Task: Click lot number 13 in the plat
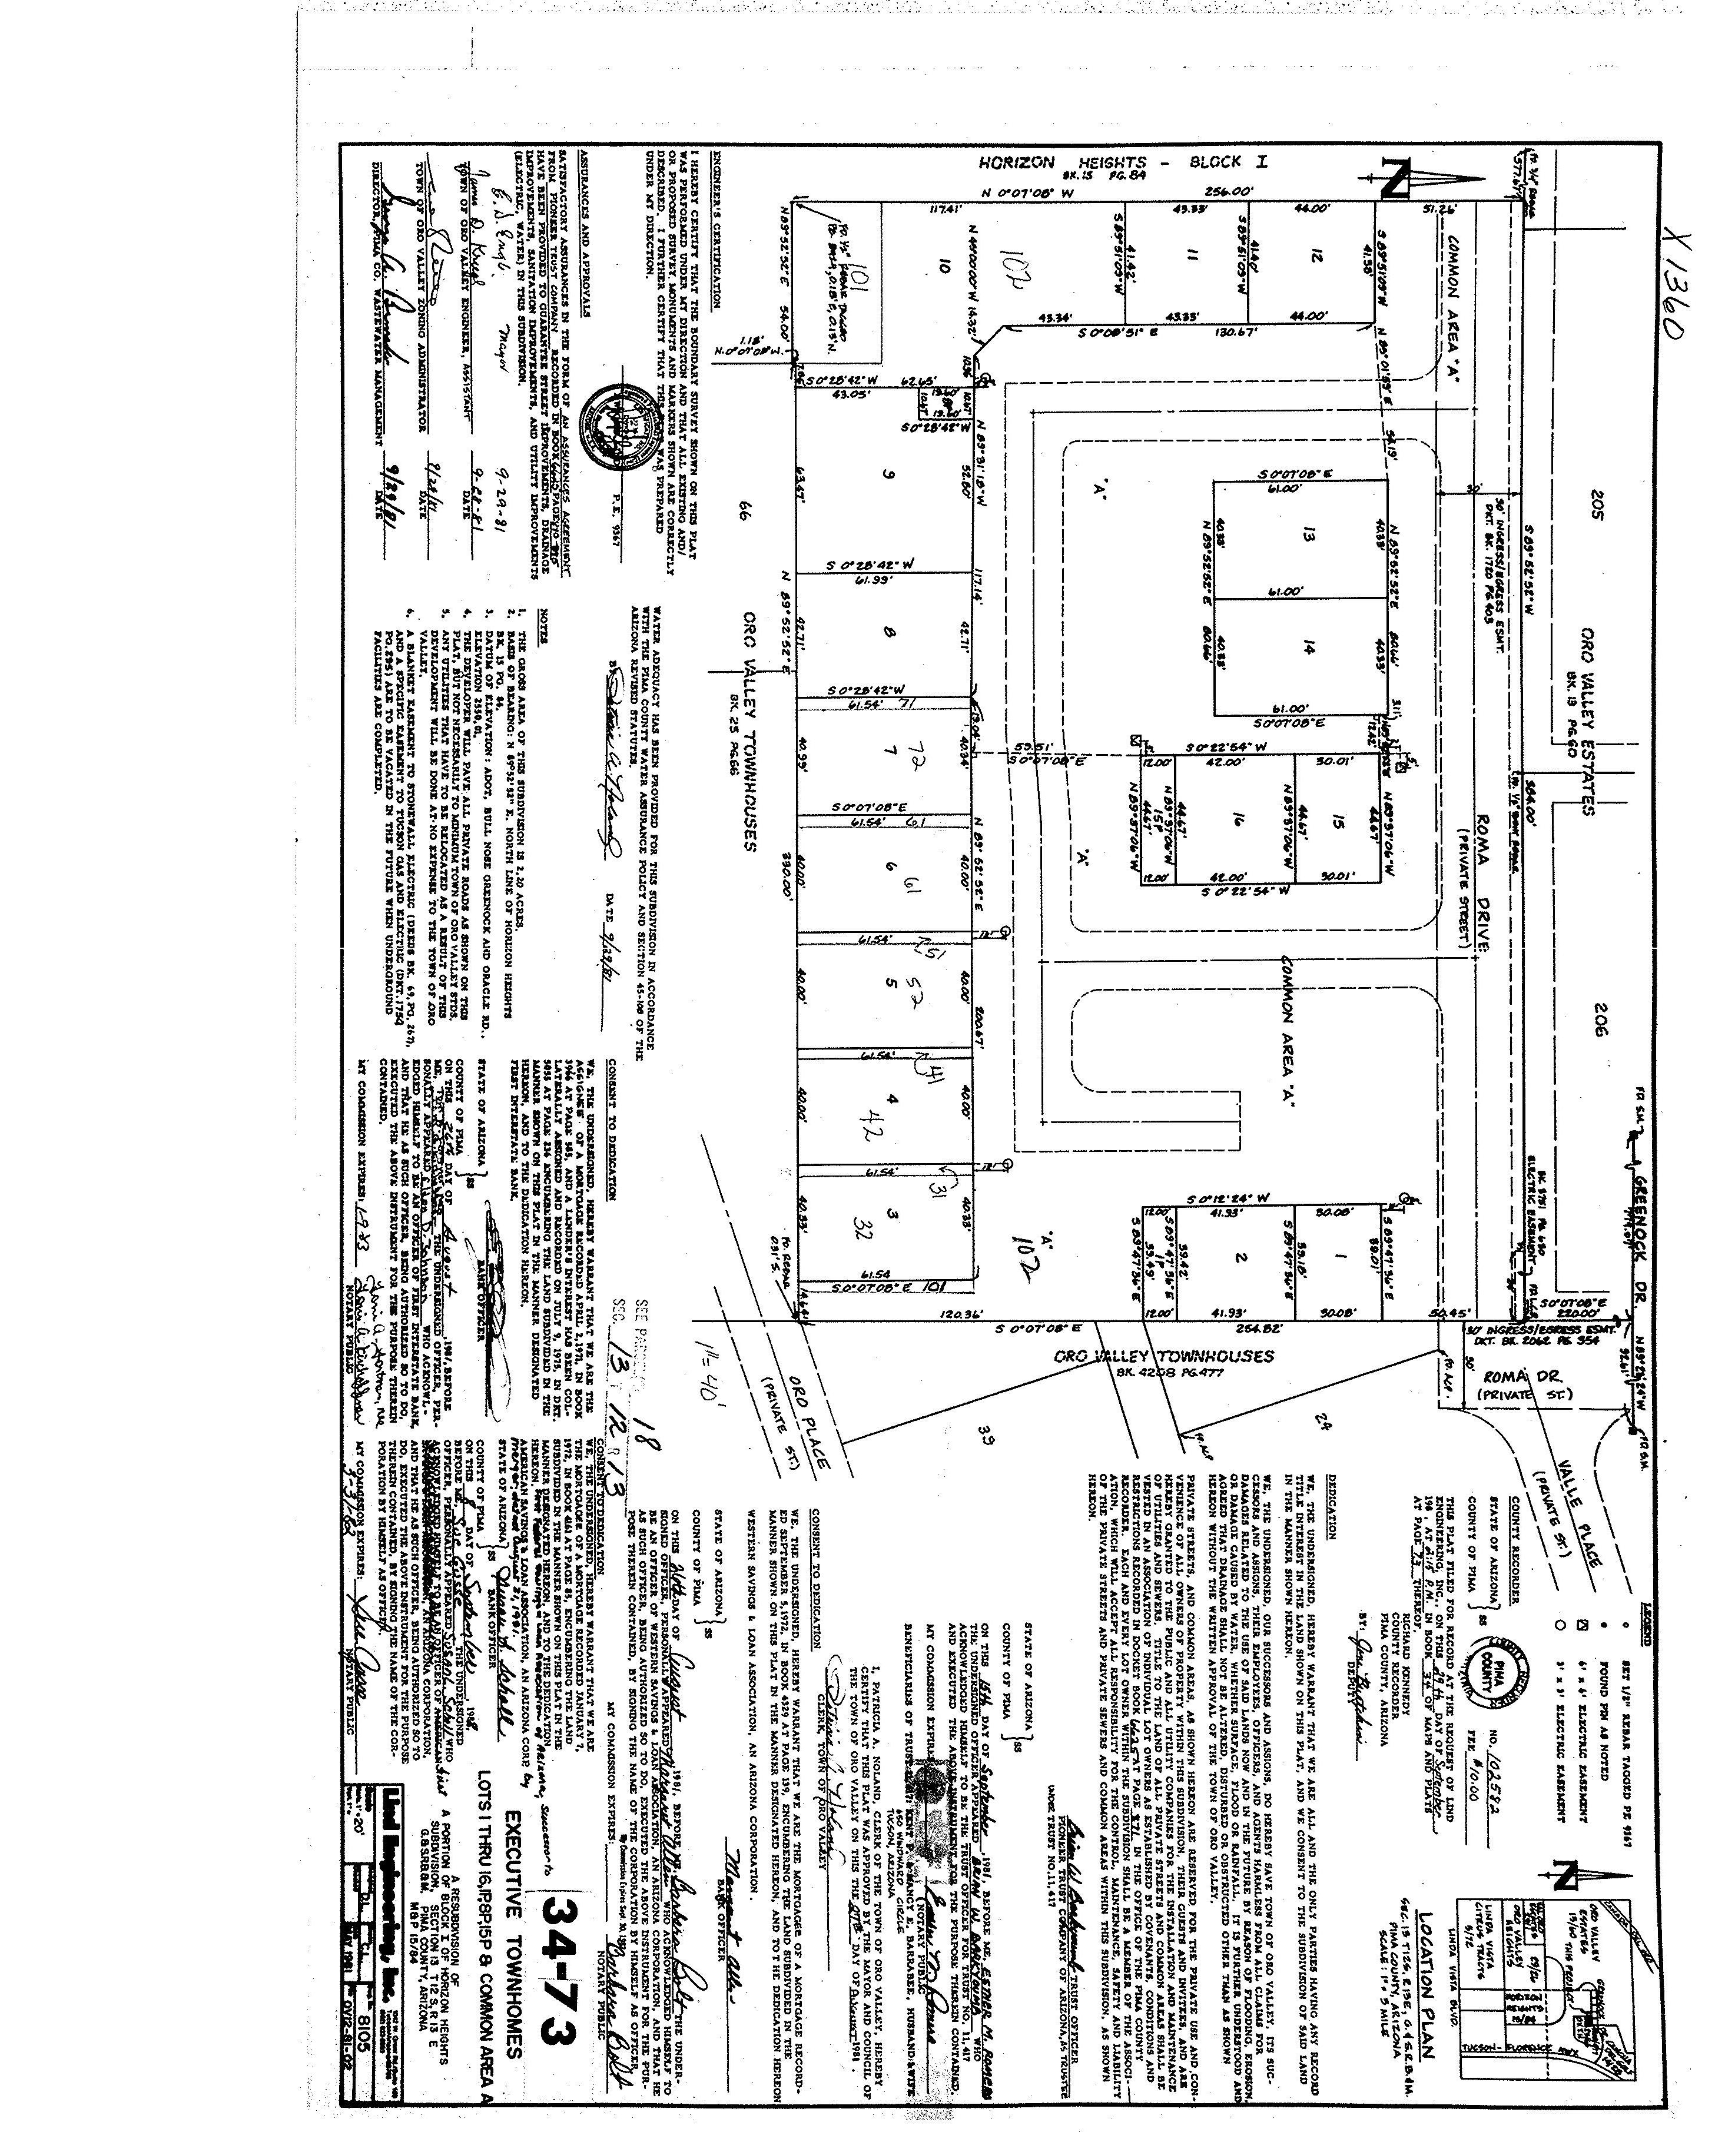click(x=1309, y=537)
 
